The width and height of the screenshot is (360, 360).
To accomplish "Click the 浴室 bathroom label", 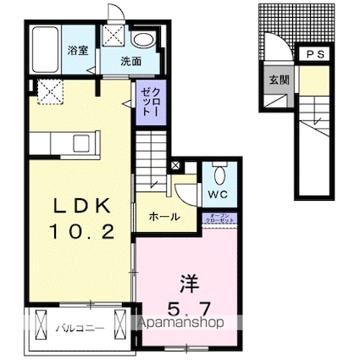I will tap(78, 50).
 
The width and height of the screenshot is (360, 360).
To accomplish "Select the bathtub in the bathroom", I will tap(46, 51).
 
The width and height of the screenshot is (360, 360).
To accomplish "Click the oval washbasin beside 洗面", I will tap(145, 39).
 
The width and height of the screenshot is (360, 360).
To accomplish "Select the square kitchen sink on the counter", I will tap(82, 140).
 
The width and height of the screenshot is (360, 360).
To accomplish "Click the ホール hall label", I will tap(163, 217).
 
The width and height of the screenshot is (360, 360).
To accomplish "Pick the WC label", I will tap(218, 194).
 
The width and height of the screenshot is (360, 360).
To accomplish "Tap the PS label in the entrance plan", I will tap(315, 55).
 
